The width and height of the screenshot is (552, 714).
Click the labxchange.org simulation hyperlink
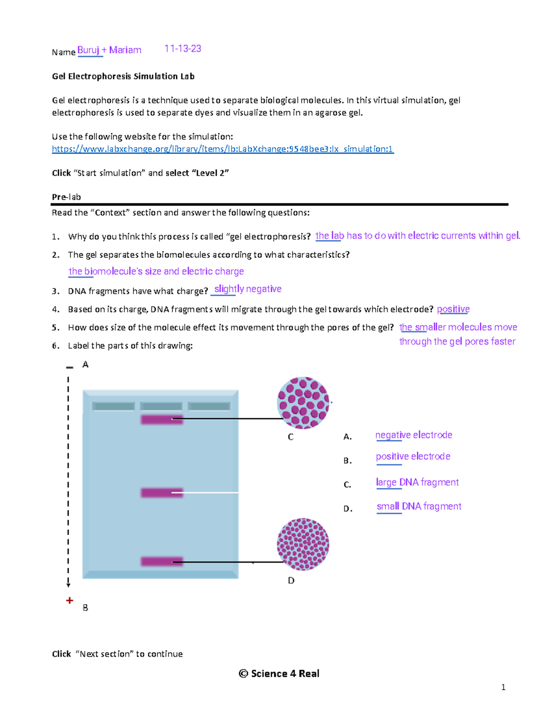pos(223,149)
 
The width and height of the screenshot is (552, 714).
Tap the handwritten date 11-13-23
pos(183,49)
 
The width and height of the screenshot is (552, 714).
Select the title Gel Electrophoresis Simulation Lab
pos(123,76)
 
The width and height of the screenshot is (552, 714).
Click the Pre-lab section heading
pos(66,197)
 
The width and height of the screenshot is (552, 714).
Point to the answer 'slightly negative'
pos(248,289)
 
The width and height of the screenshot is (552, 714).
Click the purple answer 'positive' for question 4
pos(453,309)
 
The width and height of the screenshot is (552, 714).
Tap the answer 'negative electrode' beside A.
pos(414,435)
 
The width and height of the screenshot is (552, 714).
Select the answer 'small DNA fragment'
pos(419,506)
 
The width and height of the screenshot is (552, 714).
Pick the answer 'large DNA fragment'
pos(417,482)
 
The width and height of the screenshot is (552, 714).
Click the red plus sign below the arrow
pos(69,600)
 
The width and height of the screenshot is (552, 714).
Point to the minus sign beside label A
pos(69,367)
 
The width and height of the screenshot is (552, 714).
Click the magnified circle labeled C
pos(303,403)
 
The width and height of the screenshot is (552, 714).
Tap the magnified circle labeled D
pos(303,544)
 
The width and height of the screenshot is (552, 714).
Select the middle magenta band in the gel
pos(161,493)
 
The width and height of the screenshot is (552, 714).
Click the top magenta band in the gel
pos(161,420)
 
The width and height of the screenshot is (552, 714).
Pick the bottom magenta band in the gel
pos(161,561)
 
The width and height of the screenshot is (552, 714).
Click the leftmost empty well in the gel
pos(114,406)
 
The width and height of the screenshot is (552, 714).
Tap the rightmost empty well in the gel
pos(209,406)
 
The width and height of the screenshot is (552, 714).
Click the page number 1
pos(503,687)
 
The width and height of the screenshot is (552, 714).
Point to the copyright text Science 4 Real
pos(279,674)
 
